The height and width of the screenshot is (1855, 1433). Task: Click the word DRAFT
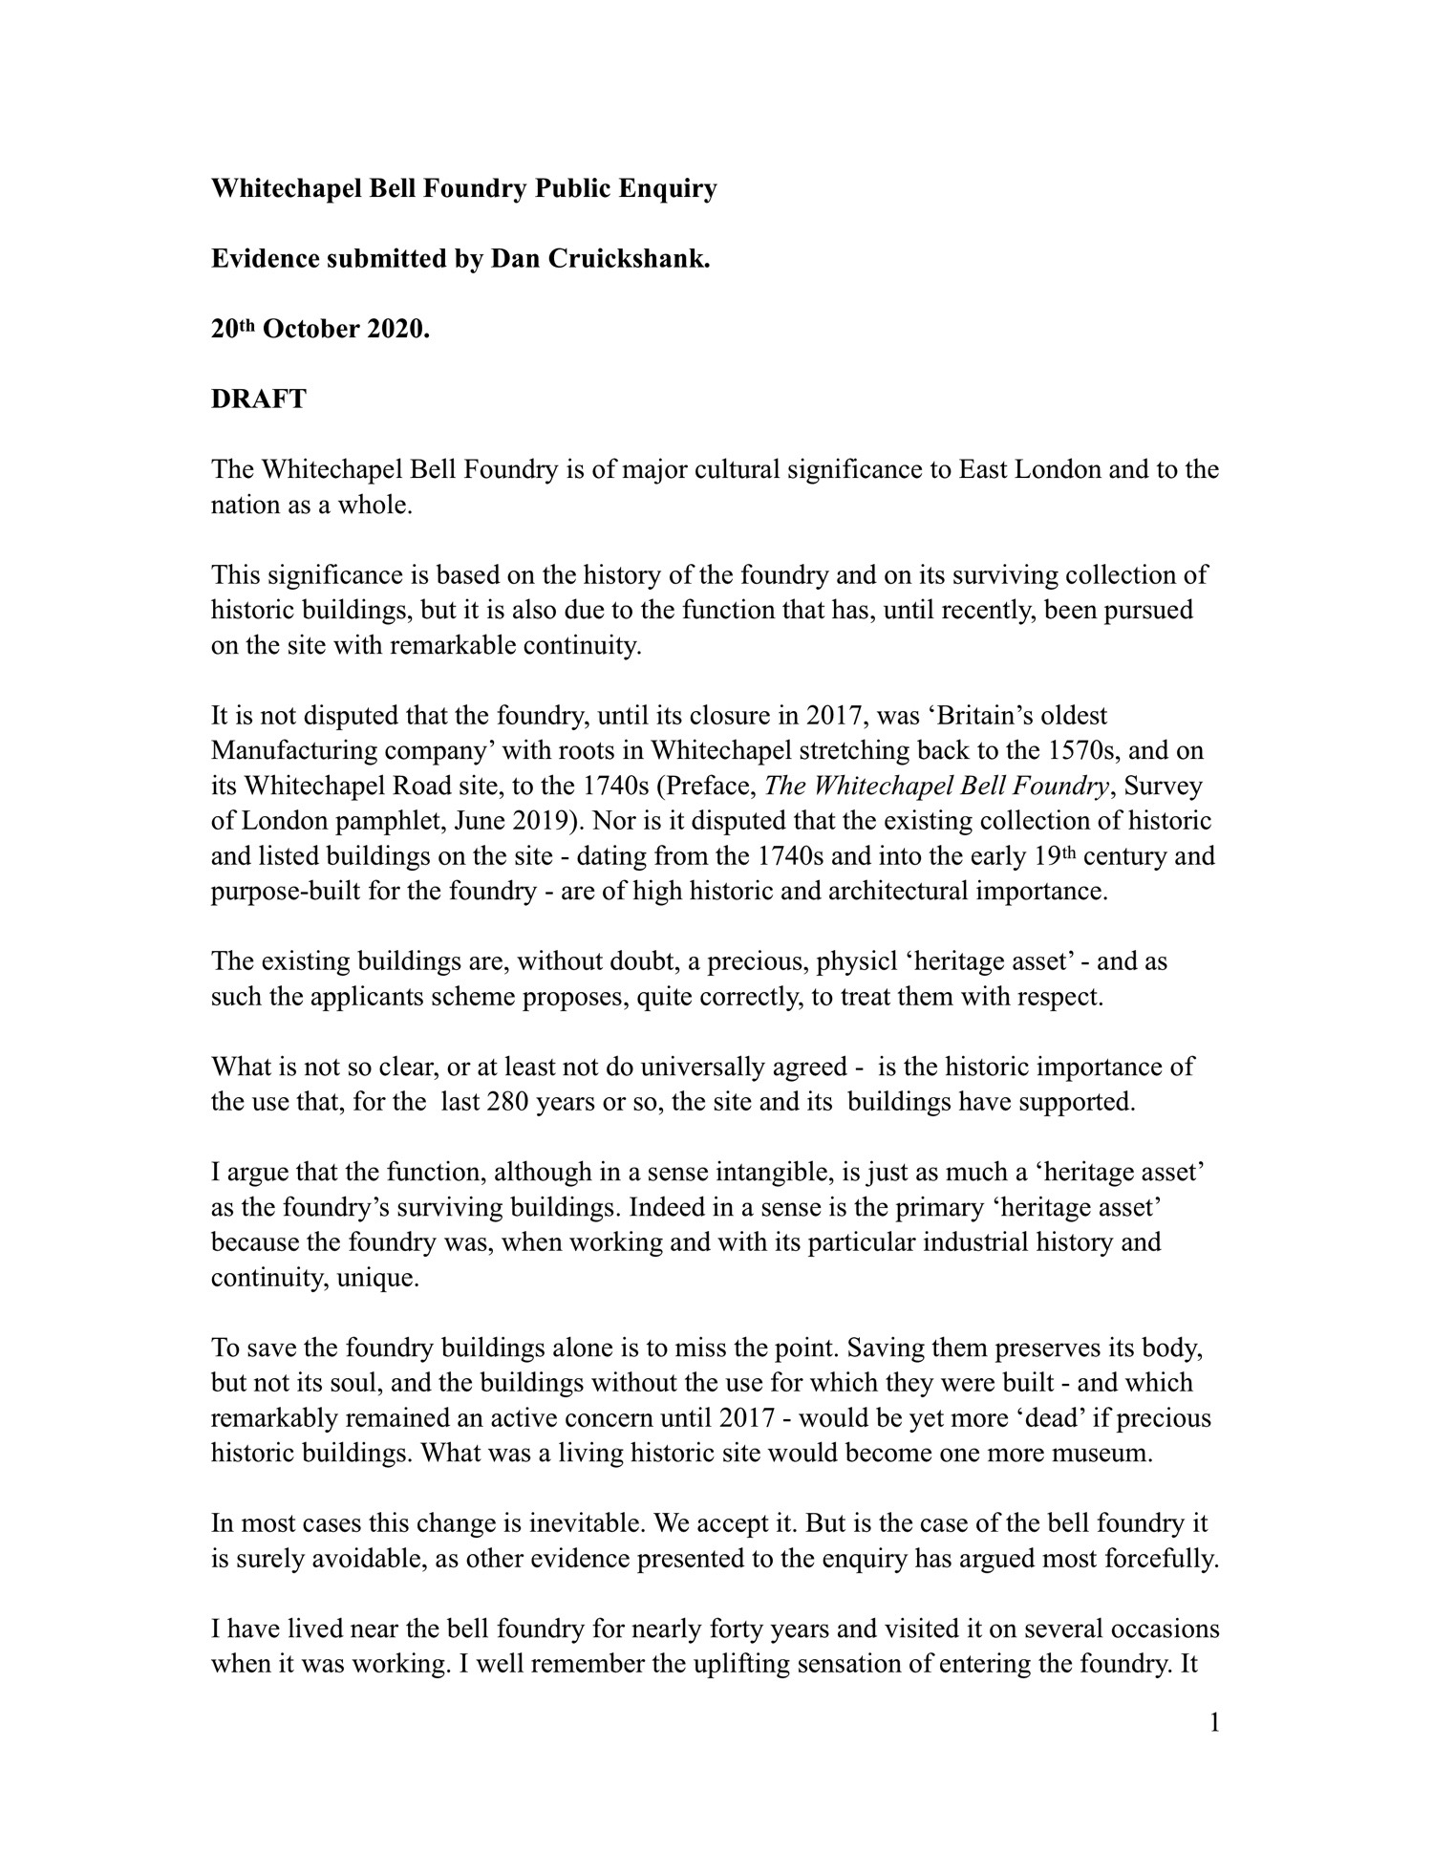coord(258,399)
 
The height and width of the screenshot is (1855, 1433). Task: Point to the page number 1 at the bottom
coord(1214,1723)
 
